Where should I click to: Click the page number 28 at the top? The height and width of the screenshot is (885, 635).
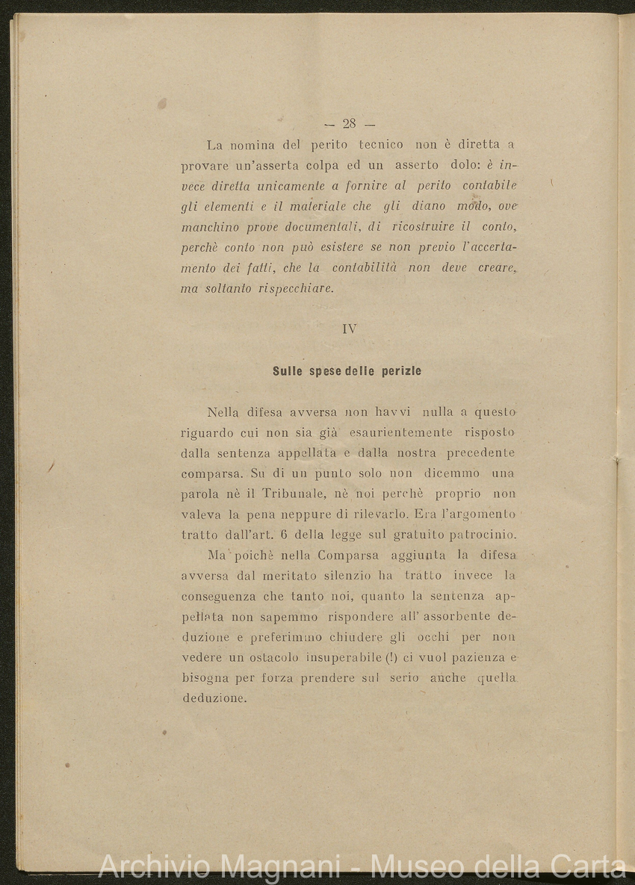[349, 124]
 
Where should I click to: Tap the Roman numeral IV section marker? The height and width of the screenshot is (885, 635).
[349, 329]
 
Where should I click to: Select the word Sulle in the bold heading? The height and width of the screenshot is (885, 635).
[287, 370]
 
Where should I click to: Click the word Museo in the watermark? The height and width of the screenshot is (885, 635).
[415, 866]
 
